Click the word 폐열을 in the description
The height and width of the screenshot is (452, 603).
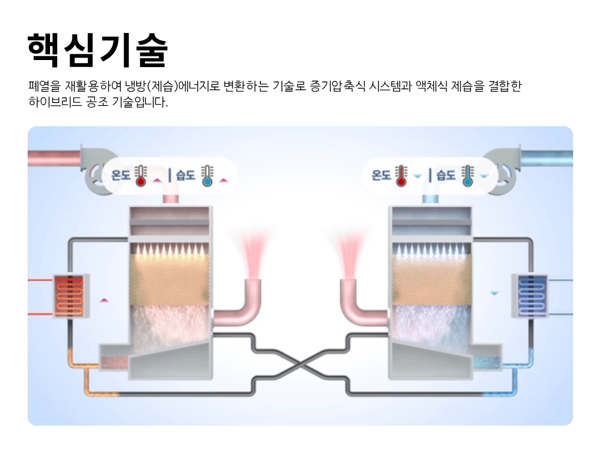[x=44, y=87]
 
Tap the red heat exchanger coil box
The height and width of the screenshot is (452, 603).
[x=71, y=294]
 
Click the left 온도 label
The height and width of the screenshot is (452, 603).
[x=120, y=175]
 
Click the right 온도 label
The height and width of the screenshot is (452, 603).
[x=381, y=175]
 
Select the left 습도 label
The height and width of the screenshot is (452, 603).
[x=185, y=175]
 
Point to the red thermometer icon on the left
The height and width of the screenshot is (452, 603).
[x=140, y=175]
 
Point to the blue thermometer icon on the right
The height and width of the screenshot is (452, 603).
[x=468, y=175]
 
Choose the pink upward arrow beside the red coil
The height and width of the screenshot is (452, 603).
[x=104, y=300]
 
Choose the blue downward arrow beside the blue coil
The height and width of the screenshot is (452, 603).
[x=495, y=293]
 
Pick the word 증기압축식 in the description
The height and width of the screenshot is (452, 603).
[x=334, y=87]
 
